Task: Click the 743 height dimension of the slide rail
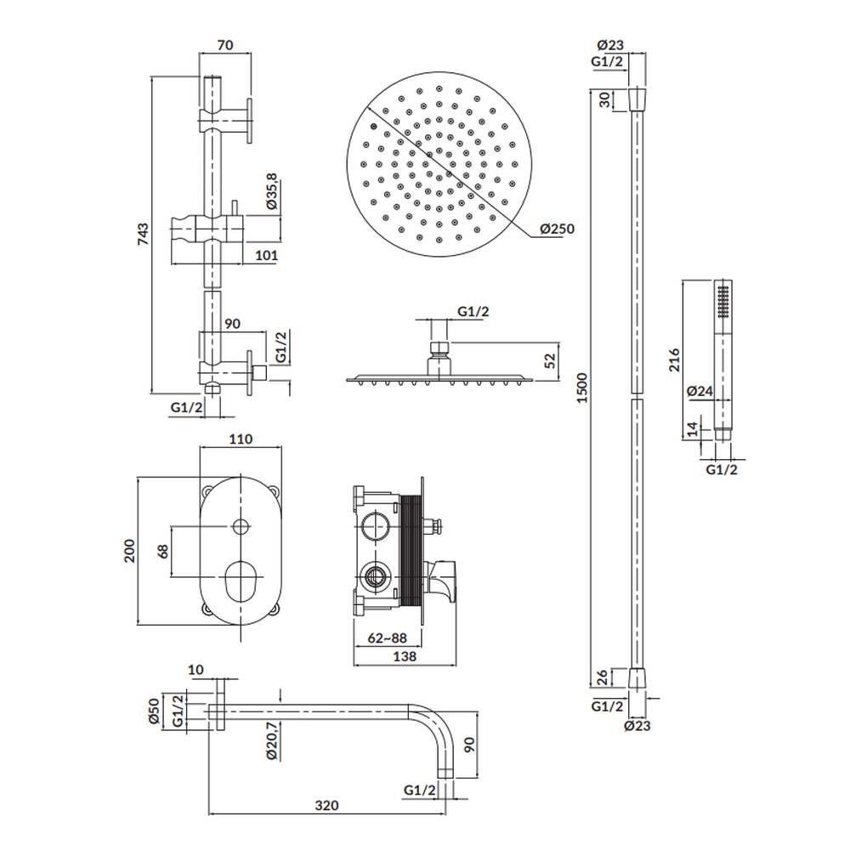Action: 142,235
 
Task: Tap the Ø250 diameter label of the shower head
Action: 558,229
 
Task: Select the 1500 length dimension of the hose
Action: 581,388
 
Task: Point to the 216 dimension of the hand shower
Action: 674,360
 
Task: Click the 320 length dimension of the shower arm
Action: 326,806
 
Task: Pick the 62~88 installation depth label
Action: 387,638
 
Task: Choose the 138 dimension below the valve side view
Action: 405,656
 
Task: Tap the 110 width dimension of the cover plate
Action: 241,439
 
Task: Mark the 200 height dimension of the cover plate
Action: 129,551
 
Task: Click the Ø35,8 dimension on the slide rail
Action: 272,191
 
